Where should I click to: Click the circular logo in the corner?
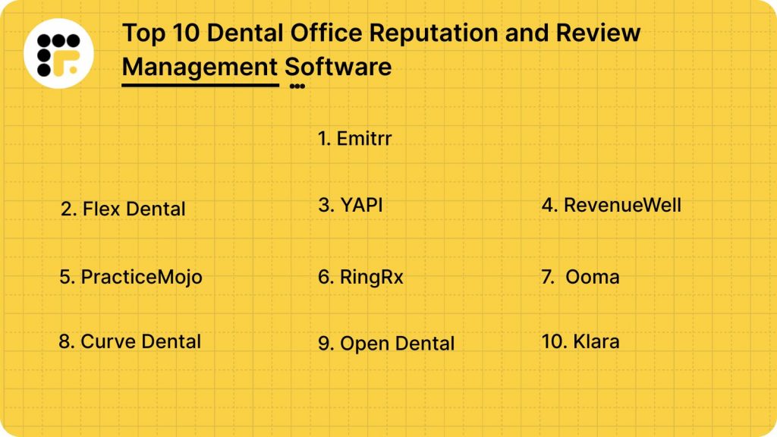click(x=58, y=53)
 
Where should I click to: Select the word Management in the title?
click(x=200, y=67)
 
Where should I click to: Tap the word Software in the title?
click(x=338, y=67)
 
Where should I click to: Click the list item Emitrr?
click(x=354, y=138)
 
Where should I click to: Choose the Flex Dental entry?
click(x=123, y=209)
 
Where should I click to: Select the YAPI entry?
click(x=351, y=205)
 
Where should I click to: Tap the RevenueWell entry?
click(x=612, y=205)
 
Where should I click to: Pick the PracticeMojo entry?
click(x=131, y=277)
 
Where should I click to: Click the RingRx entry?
click(x=360, y=277)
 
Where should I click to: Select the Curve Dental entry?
click(x=130, y=341)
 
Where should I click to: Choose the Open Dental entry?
click(x=386, y=344)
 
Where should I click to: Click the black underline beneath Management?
click(x=200, y=84)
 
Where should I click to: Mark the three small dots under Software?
click(x=297, y=86)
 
